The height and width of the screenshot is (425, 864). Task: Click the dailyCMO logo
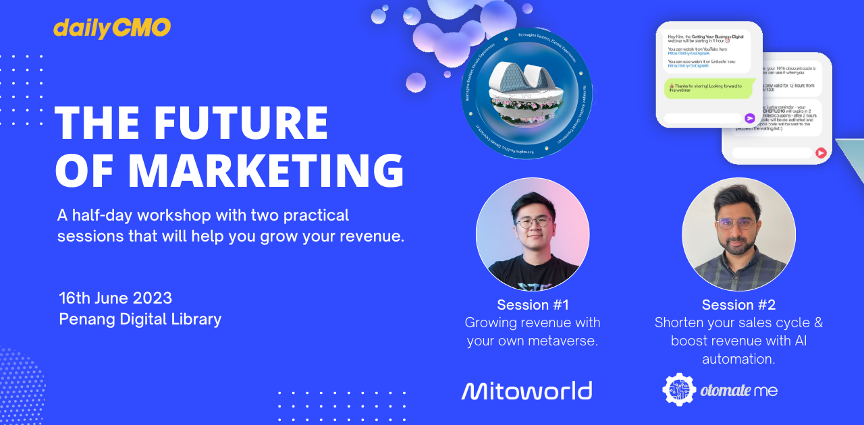[x=112, y=28]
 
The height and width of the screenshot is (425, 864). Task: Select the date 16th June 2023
[x=115, y=298]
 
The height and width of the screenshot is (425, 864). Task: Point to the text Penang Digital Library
[x=140, y=319]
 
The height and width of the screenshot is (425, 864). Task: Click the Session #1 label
[x=533, y=304]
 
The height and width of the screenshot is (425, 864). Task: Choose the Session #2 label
[x=738, y=304]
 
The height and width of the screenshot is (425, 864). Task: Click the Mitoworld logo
[x=526, y=391]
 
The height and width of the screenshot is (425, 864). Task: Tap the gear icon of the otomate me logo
[x=678, y=390]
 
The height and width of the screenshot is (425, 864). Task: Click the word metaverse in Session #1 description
[x=562, y=341]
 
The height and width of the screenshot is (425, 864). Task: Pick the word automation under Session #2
[x=738, y=359]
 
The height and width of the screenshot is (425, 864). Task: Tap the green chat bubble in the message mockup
[x=706, y=88]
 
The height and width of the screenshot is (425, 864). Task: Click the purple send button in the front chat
[x=749, y=118]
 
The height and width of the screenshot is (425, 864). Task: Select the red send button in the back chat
[x=821, y=153]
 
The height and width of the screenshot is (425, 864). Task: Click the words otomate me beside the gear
[x=739, y=391]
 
